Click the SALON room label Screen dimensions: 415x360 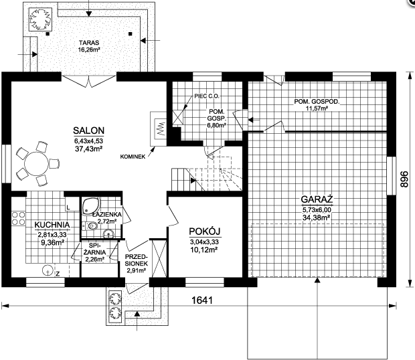(x=88, y=130)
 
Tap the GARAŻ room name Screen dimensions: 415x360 (x=317, y=199)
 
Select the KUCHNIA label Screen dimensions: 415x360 (x=52, y=225)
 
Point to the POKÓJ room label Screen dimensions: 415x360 (x=205, y=232)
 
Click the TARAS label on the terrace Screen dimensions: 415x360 (x=89, y=43)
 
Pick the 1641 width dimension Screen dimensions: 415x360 (x=202, y=300)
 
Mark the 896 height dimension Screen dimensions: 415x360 (x=404, y=179)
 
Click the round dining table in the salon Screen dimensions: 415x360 (x=37, y=163)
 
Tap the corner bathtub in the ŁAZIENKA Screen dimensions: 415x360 (x=91, y=205)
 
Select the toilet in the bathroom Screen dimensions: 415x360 (x=90, y=226)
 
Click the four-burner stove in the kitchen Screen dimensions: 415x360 (x=18, y=219)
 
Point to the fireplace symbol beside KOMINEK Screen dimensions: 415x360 (x=158, y=129)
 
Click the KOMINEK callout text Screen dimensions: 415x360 (x=133, y=157)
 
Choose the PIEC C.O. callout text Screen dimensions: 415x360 (x=207, y=96)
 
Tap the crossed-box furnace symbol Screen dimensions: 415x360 (x=178, y=116)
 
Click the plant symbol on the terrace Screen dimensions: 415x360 (x=40, y=19)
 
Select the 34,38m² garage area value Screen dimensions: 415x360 (x=317, y=217)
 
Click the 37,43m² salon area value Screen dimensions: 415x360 (x=88, y=149)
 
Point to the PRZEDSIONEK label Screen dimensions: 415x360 (x=137, y=260)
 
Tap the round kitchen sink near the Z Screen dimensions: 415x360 (x=48, y=270)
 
